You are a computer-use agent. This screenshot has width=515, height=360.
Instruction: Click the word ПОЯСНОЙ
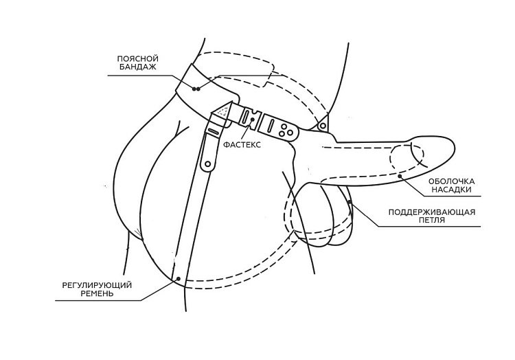pos(138,58)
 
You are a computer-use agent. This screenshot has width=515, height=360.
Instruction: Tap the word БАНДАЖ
pos(138,67)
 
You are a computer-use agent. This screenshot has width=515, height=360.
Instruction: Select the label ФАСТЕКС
pos(242,144)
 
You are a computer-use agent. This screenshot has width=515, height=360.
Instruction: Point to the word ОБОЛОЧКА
pos(452,181)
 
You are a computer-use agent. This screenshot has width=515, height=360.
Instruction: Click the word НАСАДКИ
pos(452,190)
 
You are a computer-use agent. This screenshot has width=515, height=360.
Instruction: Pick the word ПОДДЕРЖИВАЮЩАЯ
pos(432,212)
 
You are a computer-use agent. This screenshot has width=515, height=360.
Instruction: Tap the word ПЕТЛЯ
pos(432,221)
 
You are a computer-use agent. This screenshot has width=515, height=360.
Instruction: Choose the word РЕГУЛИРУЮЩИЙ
pos(97,285)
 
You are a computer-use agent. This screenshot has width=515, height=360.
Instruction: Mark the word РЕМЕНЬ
pos(97,293)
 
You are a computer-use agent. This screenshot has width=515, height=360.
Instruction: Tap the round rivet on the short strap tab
pos(207,164)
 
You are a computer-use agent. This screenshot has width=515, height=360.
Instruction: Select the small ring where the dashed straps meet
pos(323,125)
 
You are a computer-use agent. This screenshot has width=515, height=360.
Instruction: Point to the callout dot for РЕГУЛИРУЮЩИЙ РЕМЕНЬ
pos(179,278)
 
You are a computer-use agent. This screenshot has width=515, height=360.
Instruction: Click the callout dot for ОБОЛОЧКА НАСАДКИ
pos(400,176)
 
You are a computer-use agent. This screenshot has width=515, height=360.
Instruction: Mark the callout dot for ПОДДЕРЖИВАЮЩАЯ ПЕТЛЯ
pos(350,201)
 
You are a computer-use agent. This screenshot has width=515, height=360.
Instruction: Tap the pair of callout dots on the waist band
pos(196,89)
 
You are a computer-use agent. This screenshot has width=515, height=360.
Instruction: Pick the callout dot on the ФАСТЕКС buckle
pos(252,119)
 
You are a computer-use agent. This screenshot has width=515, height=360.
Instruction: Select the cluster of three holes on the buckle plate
pos(286,130)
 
